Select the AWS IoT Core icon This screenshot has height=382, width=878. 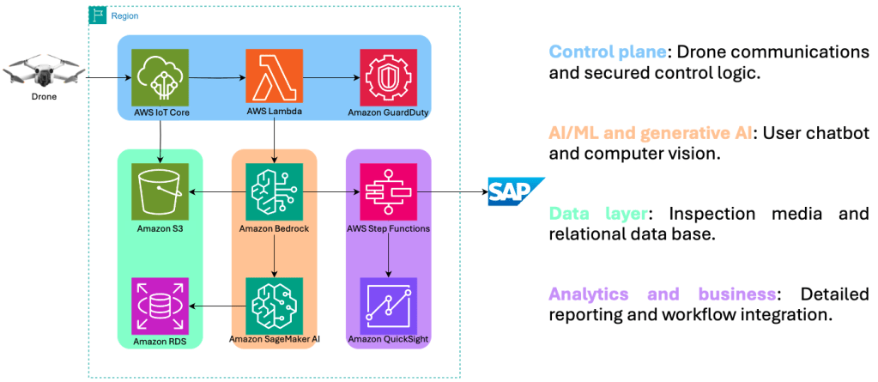160,78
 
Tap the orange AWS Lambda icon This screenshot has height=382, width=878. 274,77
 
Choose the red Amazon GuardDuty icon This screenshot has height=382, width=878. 388,77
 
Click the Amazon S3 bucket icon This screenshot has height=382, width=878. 160,191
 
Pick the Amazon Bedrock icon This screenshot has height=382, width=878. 274,191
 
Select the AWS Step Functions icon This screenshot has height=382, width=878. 388,191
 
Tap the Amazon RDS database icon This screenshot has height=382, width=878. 160,306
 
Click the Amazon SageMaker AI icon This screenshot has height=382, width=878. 274,306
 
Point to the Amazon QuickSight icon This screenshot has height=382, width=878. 388,306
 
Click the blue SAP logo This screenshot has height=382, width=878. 515,191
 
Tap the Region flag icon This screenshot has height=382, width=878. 98,15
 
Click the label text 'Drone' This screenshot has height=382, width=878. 43,97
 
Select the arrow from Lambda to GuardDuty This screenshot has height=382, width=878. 330,78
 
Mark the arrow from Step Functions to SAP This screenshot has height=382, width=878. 451,191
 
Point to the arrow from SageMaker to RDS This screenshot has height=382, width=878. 217,306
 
